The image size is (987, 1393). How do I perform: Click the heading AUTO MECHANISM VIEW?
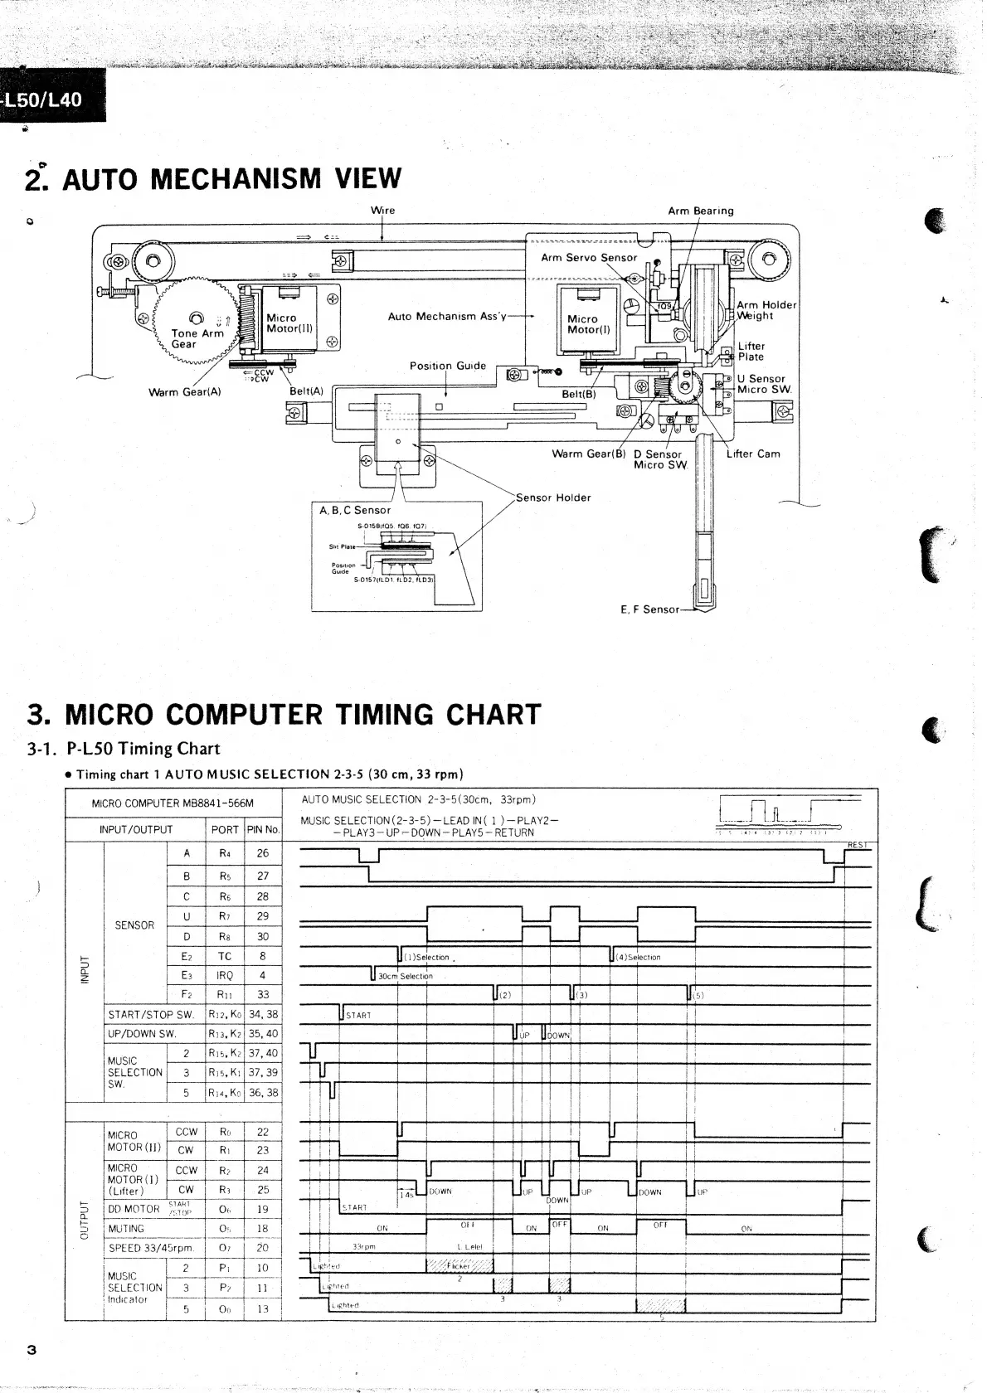coord(231,179)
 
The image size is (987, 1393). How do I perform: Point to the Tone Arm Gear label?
coord(197,338)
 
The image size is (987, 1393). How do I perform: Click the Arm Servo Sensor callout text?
coord(589,258)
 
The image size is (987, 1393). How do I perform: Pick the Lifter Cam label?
coord(752,454)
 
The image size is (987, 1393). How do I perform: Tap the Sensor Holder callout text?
coord(553,498)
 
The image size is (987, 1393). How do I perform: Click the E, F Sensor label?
coord(649,609)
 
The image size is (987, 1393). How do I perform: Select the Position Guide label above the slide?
coord(447,366)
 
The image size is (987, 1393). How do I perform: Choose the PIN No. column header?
coord(263,829)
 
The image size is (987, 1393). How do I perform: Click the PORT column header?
coord(225,829)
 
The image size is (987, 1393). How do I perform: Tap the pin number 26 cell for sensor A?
coord(263,852)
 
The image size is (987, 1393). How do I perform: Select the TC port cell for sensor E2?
coord(225,956)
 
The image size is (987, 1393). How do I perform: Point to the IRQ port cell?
coord(225,976)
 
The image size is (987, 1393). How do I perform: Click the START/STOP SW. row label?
coord(151,1014)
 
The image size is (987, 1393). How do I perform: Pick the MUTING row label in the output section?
coord(126,1229)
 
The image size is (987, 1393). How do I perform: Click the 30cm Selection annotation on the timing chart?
coord(405,977)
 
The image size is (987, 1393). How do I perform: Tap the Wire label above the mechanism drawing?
coord(382,211)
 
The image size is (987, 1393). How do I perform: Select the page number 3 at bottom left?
coord(32,1349)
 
